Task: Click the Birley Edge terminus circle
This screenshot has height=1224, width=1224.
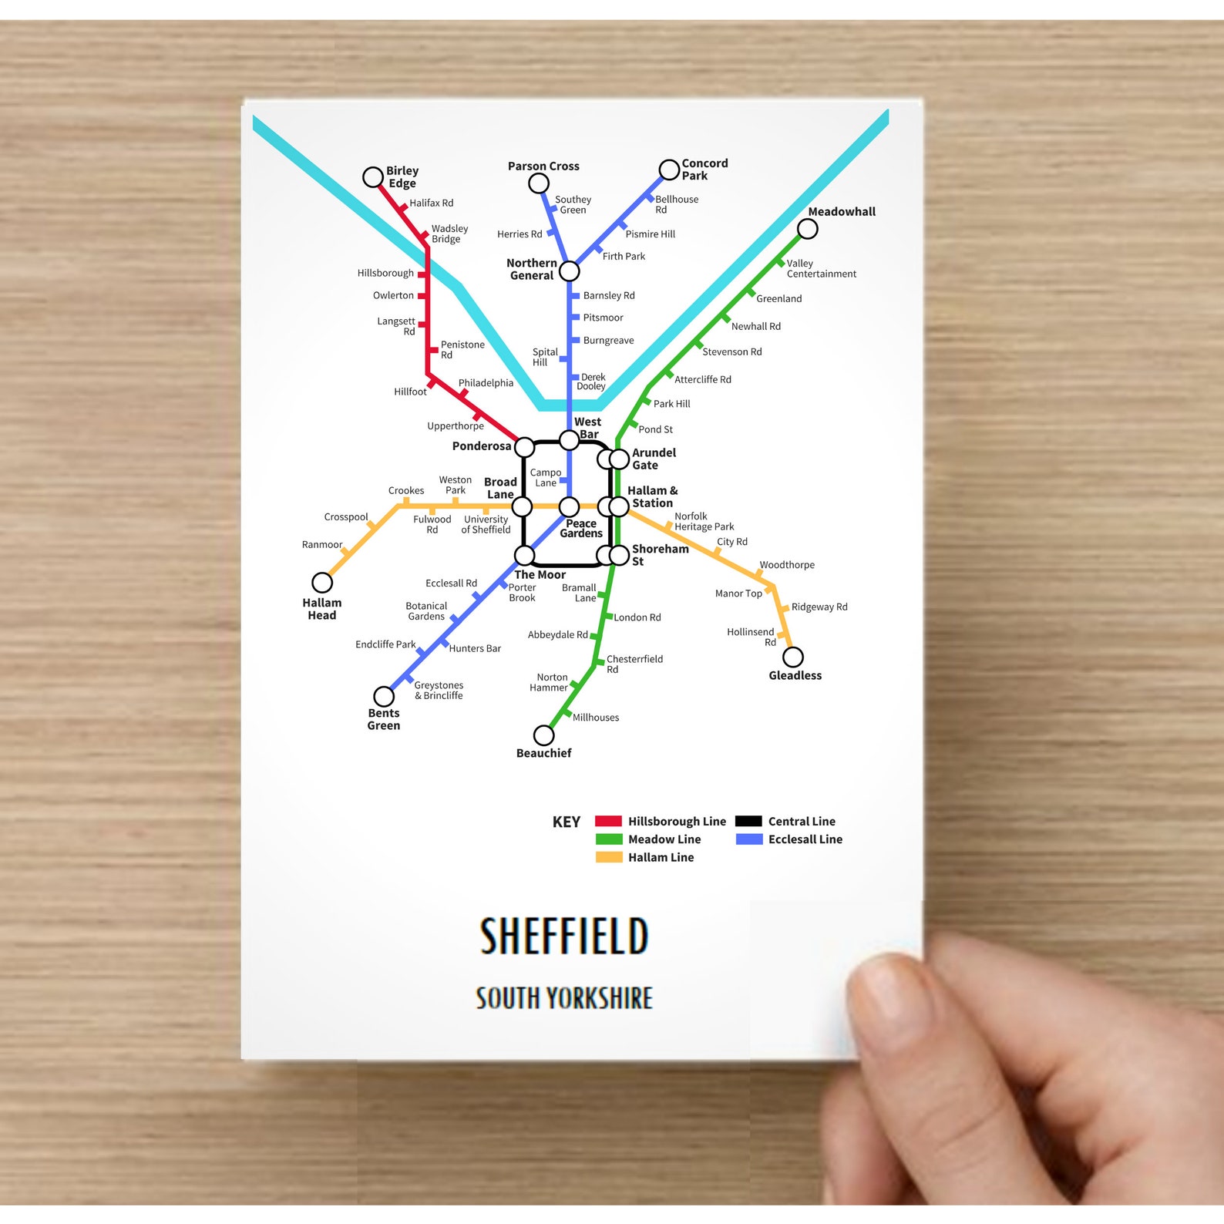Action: (x=373, y=177)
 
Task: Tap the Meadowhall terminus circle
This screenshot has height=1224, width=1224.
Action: (x=807, y=229)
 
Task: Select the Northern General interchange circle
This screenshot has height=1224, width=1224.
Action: (x=569, y=271)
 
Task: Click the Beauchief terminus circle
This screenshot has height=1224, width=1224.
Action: (x=543, y=735)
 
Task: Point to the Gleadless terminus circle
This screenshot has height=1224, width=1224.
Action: (x=793, y=657)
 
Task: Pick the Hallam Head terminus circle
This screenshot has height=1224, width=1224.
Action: (x=322, y=583)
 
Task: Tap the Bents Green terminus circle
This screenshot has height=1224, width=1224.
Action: (x=384, y=697)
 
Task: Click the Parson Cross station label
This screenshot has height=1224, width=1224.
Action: (x=543, y=166)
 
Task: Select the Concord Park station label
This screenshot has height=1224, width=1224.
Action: (x=704, y=170)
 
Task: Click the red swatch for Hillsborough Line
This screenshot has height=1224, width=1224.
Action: (x=608, y=822)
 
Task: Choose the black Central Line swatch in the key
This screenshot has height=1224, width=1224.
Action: (x=748, y=822)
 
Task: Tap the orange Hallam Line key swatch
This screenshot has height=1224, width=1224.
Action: (x=608, y=857)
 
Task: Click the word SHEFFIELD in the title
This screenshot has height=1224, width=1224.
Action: (x=564, y=936)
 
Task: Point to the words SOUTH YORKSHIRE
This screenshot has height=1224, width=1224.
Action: (x=564, y=998)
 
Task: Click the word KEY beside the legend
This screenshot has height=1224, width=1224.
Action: (x=566, y=822)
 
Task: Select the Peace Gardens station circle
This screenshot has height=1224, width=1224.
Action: (x=569, y=506)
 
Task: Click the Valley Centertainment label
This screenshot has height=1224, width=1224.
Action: (x=821, y=269)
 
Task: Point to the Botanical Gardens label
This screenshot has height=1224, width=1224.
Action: (x=426, y=611)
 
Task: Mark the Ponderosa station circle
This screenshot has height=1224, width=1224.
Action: (x=524, y=447)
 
